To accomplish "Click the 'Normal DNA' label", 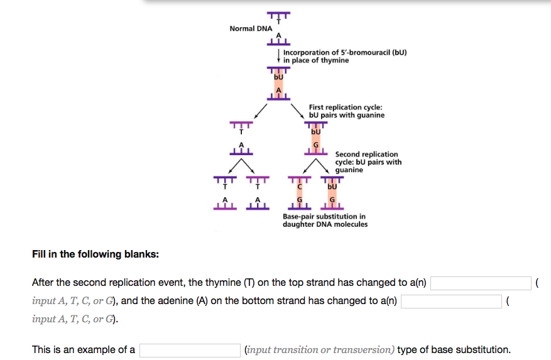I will (x=251, y=29).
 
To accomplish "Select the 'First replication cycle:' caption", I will (x=346, y=107).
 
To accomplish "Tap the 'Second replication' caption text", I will (x=366, y=154).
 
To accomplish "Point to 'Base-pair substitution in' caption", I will (x=324, y=217).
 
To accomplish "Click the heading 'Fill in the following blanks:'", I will (x=95, y=254).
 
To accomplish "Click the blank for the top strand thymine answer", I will (x=481, y=283).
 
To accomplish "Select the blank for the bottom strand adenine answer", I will (x=451, y=301).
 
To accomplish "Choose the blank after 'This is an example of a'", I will (x=190, y=350).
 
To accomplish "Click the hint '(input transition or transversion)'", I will (x=319, y=350).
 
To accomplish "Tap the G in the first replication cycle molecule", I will (x=315, y=145).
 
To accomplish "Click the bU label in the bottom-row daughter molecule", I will (x=332, y=187).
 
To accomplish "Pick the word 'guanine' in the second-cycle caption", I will (x=349, y=170).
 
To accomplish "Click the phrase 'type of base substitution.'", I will (x=454, y=350).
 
